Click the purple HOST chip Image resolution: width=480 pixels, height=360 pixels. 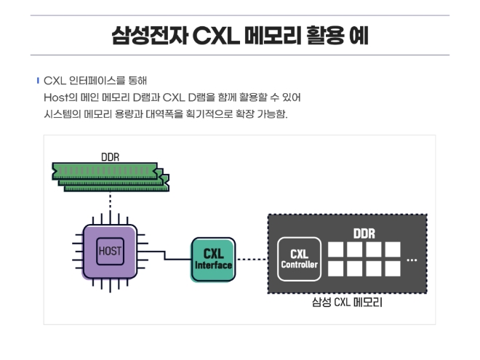pyautogui.click(x=110, y=252)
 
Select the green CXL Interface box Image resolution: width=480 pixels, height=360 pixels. pyautogui.click(x=213, y=259)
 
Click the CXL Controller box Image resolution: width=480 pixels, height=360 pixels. pyautogui.click(x=299, y=259)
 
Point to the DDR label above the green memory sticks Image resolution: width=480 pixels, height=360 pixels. pyautogui.click(x=111, y=155)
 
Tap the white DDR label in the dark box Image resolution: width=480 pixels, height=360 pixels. pyautogui.click(x=364, y=233)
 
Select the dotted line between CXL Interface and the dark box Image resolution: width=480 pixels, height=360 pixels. pyautogui.click(x=252, y=259)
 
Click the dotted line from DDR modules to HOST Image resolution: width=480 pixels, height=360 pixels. pyautogui.click(x=110, y=203)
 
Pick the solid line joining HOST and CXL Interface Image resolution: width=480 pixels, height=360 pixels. pyautogui.click(x=165, y=255)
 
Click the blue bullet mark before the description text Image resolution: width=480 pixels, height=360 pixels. pyautogui.click(x=38, y=79)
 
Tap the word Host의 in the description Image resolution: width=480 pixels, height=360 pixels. pyautogui.click(x=58, y=97)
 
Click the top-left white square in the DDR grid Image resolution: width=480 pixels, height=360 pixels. pyautogui.click(x=336, y=249)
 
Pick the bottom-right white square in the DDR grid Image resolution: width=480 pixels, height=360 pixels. pyautogui.click(x=393, y=268)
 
